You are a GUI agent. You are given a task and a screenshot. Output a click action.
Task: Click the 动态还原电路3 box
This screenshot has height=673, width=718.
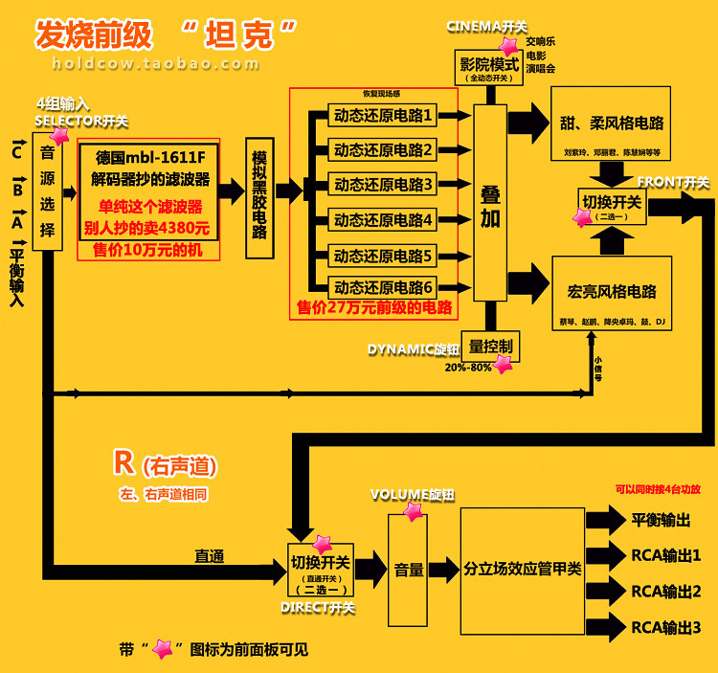(x=383, y=184)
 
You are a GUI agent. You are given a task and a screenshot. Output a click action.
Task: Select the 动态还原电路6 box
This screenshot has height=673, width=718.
(x=383, y=285)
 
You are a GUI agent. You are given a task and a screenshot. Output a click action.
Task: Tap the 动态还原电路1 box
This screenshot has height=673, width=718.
(x=383, y=116)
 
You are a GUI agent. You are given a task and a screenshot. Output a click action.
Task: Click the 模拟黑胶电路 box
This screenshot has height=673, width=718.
(x=258, y=191)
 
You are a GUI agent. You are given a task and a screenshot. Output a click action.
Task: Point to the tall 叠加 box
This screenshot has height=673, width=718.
(x=490, y=204)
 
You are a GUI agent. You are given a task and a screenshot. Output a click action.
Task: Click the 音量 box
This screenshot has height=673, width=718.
(x=409, y=570)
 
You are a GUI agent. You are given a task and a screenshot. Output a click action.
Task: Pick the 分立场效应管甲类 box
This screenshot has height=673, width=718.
(x=522, y=570)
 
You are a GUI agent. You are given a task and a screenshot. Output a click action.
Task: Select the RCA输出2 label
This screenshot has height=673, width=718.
(x=665, y=592)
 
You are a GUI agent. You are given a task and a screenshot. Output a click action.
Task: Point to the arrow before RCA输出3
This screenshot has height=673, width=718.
(x=605, y=628)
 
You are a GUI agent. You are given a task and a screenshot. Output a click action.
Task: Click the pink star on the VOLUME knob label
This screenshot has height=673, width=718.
(x=413, y=511)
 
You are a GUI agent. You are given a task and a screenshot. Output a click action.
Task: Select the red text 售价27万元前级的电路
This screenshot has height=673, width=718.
(x=374, y=308)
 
